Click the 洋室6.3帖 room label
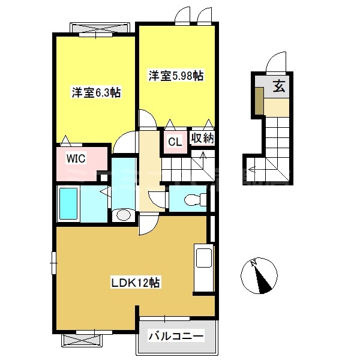pos(97,92)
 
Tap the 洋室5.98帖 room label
pos(176,76)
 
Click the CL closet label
pos(175,142)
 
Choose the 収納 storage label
pos(203,137)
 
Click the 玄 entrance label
pos(279,86)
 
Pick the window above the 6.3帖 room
pos(99,29)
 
